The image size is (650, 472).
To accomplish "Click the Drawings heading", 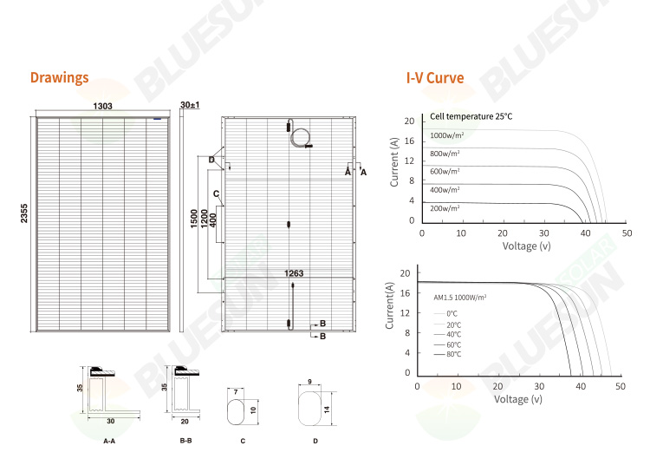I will click(x=59, y=78).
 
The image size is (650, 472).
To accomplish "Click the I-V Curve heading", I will click(x=435, y=78).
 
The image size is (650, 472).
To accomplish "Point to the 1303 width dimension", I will click(x=103, y=106).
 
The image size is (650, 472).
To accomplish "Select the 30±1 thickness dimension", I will click(x=190, y=105).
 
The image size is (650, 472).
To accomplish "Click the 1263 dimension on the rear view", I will click(x=295, y=273).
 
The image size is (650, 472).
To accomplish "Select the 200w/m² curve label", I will click(x=445, y=208).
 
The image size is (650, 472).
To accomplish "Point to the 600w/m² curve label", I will click(x=445, y=172).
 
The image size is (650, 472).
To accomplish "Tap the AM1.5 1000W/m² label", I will click(x=460, y=297).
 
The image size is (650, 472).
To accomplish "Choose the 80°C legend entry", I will click(x=453, y=354).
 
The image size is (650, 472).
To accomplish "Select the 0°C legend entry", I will click(x=452, y=312).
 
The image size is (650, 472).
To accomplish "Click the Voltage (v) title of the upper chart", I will click(x=527, y=246).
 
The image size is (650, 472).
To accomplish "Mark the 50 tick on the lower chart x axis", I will click(x=620, y=385).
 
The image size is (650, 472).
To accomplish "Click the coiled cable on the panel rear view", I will click(x=302, y=139).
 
